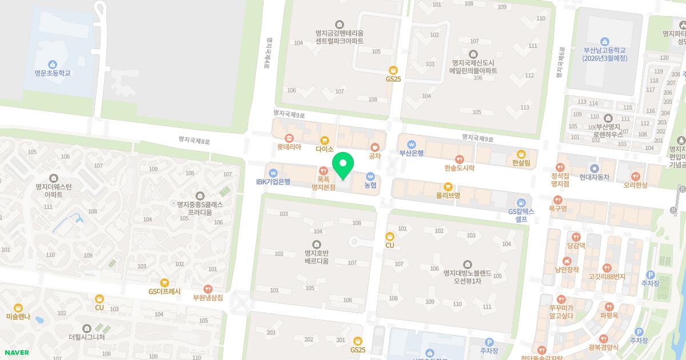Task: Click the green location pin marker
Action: [x=343, y=165]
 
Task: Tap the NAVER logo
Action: [x=17, y=353]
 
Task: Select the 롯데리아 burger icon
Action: [x=289, y=138]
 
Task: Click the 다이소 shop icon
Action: [x=324, y=139]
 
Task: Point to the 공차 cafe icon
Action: [x=375, y=146]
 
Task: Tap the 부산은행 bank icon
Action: [x=411, y=143]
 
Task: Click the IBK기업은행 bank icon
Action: [x=273, y=173]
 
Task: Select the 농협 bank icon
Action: [x=370, y=176]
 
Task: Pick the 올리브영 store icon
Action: [x=448, y=186]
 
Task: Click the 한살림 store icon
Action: [x=521, y=154]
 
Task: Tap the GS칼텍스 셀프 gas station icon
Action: [x=521, y=202]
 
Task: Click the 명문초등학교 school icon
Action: [x=53, y=64]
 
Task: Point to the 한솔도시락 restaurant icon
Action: [x=459, y=159]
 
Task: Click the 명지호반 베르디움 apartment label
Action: [x=316, y=257]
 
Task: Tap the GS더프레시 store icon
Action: [x=165, y=282]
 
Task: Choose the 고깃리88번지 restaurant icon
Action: [x=607, y=267]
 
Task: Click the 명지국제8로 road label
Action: [x=194, y=140]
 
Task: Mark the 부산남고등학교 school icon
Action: [x=605, y=41]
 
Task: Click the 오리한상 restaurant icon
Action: [x=635, y=175]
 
